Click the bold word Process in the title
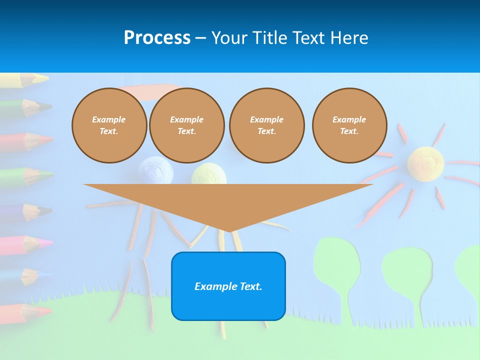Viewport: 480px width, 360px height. coord(157,38)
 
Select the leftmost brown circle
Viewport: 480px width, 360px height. coord(109,125)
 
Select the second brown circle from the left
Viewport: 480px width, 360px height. coord(186,125)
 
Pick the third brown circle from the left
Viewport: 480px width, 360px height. coord(266,125)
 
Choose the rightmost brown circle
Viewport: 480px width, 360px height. coord(349,125)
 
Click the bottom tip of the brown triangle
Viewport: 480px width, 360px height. coord(228,230)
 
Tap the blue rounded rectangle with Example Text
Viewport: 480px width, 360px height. coord(228,286)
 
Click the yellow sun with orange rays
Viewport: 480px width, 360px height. coord(425,163)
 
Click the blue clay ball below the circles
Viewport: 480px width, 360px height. coord(155,170)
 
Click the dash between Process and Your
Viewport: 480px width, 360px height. coord(200,38)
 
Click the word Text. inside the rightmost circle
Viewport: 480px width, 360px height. coord(349,131)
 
